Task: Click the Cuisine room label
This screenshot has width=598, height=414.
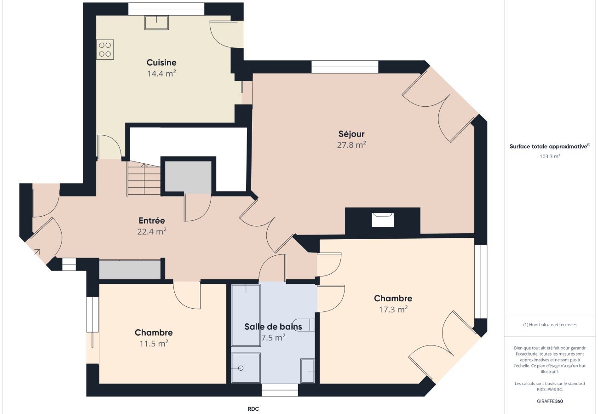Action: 161,63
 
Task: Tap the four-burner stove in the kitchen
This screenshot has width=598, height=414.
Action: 105,50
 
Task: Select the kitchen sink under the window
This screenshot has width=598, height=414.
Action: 156,22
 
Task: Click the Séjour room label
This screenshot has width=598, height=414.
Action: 351,134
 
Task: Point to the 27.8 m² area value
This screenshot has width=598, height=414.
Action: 351,145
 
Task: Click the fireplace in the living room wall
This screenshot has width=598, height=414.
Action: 383,220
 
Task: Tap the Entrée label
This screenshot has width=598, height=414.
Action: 152,221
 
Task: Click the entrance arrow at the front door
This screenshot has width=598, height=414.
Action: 36,252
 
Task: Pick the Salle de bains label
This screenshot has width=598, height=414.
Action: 273,327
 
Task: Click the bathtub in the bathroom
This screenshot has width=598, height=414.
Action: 246,316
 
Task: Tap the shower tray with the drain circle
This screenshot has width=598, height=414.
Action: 246,368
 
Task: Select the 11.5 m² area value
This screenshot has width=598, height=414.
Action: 154,344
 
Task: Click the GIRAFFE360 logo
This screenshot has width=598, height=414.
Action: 550,401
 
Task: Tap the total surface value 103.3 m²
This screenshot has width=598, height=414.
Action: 550,156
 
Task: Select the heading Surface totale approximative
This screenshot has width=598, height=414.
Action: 549,147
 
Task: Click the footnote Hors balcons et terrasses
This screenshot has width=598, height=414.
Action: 550,325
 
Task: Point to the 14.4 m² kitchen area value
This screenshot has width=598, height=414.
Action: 161,74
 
